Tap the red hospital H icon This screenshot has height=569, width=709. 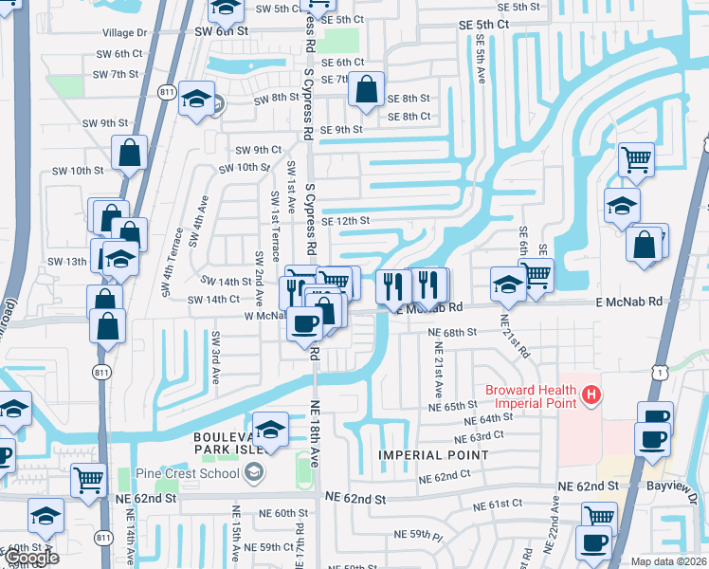tap(592, 394)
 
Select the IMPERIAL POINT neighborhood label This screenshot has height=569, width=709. tap(433, 455)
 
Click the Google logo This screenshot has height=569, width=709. tap(31, 559)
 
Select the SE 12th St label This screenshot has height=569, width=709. tap(344, 221)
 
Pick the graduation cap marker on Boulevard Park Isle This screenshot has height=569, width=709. tap(271, 429)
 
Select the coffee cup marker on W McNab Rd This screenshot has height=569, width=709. tap(304, 324)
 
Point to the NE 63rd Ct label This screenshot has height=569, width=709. tap(477, 438)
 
